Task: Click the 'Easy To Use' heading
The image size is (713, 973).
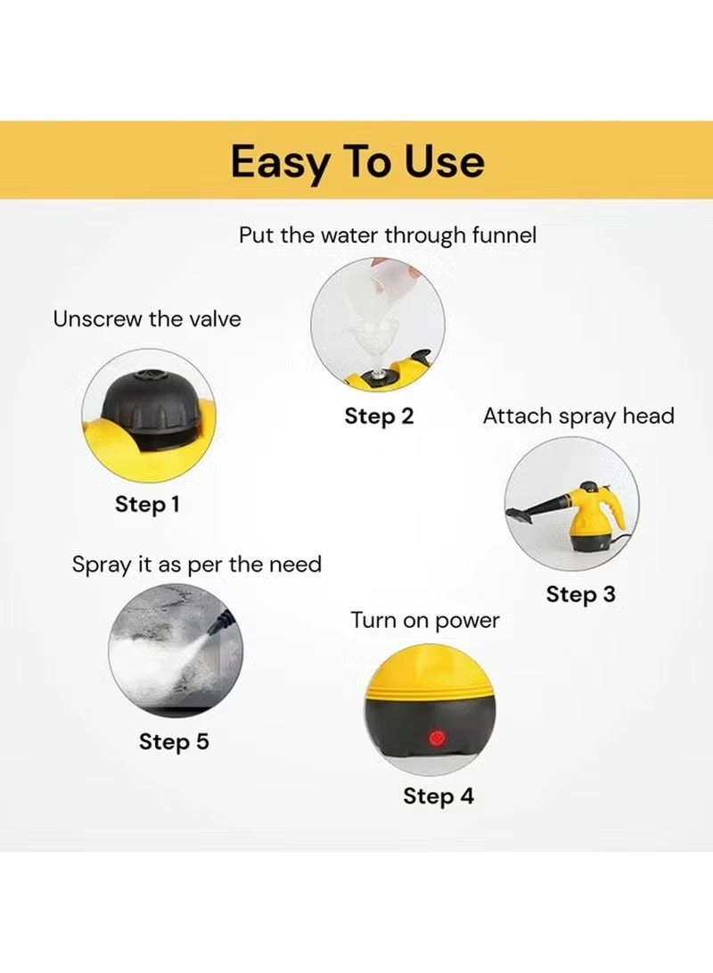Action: click(x=357, y=161)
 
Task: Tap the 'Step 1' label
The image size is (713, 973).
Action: click(x=148, y=504)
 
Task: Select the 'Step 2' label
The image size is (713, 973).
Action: click(x=379, y=416)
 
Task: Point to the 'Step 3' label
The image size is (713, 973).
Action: click(x=580, y=594)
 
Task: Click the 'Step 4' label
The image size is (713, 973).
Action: click(x=438, y=796)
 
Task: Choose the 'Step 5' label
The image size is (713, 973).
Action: click(x=174, y=741)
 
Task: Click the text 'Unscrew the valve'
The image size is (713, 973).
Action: click(x=147, y=319)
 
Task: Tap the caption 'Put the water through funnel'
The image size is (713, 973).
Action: click(x=388, y=235)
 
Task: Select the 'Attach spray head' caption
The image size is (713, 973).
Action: click(x=578, y=416)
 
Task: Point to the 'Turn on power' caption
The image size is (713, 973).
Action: click(x=425, y=620)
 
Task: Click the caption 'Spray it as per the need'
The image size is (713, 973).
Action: click(x=197, y=565)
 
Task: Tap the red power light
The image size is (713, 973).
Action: click(x=437, y=738)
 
